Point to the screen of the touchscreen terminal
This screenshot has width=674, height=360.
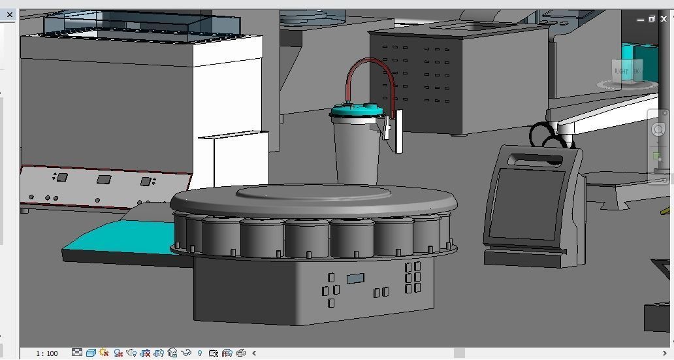[x=528, y=203]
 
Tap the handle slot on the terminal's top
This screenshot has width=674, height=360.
[x=535, y=158]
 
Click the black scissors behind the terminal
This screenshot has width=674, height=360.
[x=543, y=135]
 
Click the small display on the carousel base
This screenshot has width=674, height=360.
[x=355, y=279]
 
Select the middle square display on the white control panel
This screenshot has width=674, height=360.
[x=104, y=179]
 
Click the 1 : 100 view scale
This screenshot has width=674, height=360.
[x=47, y=353]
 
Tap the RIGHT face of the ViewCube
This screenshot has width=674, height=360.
[x=622, y=71]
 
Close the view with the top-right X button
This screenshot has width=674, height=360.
[x=664, y=19]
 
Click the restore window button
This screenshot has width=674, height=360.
[x=652, y=19]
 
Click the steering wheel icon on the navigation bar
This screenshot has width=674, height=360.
[x=658, y=130]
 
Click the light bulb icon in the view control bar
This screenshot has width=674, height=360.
[x=200, y=353]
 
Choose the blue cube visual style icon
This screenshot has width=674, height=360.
[x=91, y=353]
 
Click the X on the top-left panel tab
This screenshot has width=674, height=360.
[x=10, y=14]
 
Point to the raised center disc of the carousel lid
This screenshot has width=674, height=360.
[x=313, y=192]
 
